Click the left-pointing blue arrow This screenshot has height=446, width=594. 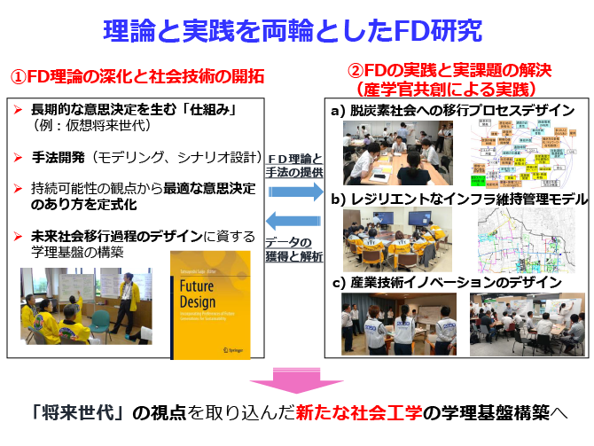click(x=295, y=221)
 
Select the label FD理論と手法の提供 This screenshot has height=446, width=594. click(x=295, y=166)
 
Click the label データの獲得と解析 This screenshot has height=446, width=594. click(x=295, y=249)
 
